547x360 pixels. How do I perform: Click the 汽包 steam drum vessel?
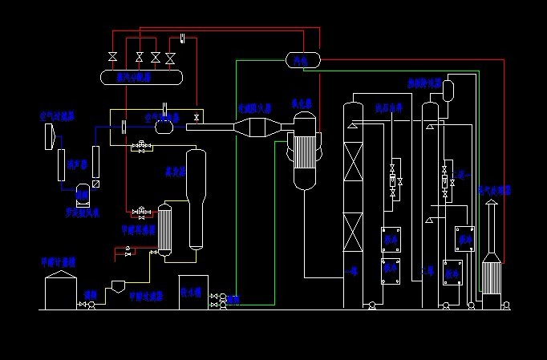(x=302, y=59)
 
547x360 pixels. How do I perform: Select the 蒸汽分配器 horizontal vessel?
(x=140, y=77)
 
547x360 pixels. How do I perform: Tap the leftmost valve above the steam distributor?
(x=112, y=57)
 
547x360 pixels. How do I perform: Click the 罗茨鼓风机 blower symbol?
(x=82, y=192)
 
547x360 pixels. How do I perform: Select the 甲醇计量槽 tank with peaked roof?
(x=59, y=289)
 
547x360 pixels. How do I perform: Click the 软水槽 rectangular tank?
(x=193, y=291)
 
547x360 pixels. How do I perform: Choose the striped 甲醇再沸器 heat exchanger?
(x=164, y=230)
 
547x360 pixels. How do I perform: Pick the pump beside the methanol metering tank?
(x=90, y=305)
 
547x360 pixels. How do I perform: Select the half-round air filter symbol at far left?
(x=50, y=137)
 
